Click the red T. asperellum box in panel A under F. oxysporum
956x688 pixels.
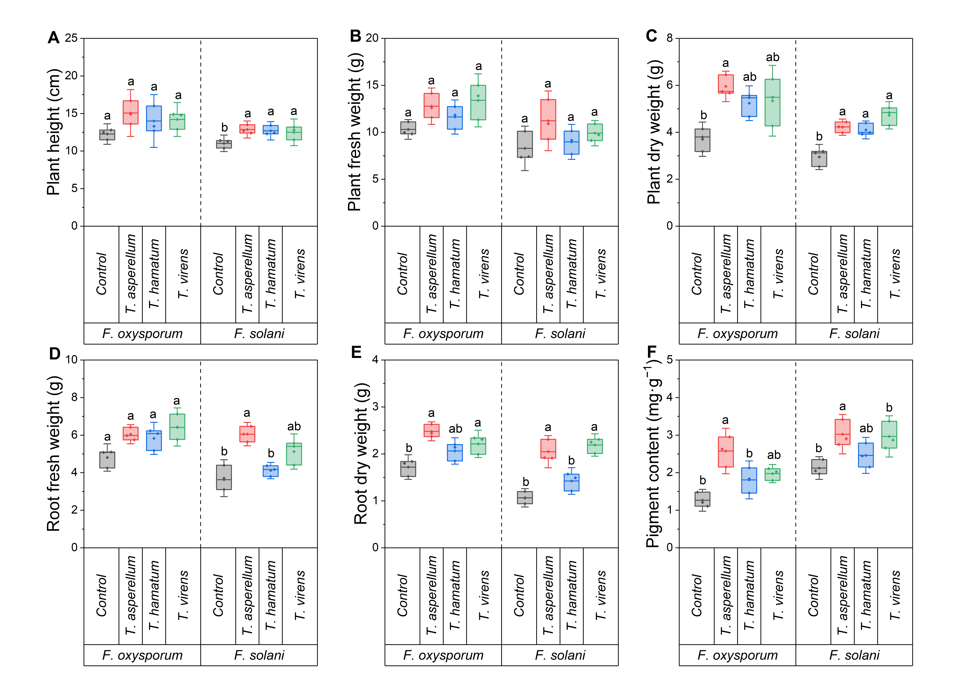[131, 112]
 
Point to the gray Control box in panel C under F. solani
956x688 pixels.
[819, 159]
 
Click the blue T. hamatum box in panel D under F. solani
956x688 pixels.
[271, 471]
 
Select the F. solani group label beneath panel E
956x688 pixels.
[560, 655]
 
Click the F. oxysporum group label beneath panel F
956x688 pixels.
[738, 655]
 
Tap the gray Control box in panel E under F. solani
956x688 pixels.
[525, 497]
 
